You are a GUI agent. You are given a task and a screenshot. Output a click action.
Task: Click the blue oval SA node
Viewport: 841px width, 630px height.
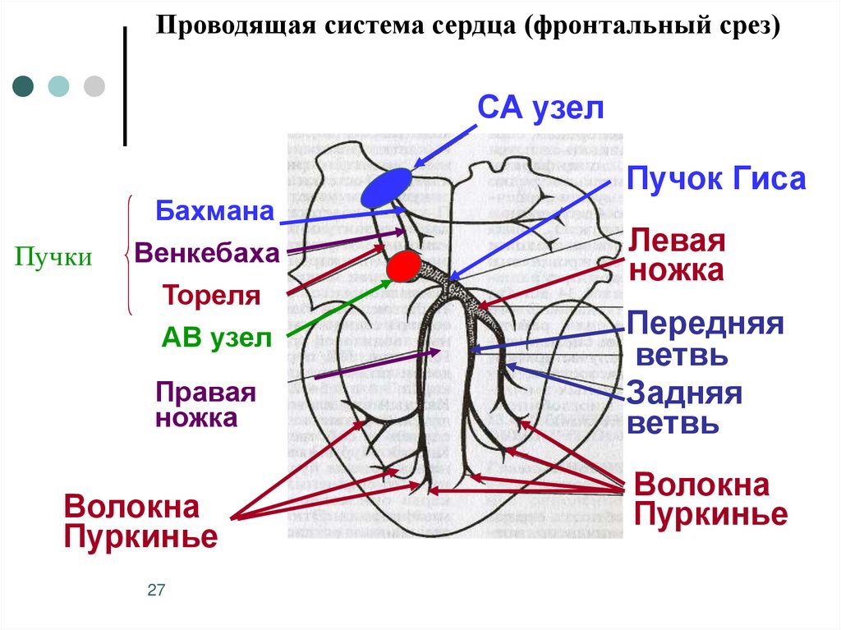(386, 187)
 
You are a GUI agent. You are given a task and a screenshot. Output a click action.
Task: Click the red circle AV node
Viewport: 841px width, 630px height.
(403, 267)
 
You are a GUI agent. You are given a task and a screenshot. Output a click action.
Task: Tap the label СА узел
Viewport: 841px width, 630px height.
(541, 108)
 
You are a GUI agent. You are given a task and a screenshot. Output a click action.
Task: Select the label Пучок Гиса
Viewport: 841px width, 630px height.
(716, 179)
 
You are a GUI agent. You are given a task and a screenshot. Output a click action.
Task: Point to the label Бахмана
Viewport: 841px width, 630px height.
(214, 211)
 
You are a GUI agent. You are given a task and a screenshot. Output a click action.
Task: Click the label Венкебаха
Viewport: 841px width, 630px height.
(208, 253)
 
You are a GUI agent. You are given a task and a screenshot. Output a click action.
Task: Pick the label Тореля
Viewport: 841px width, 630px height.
(211, 295)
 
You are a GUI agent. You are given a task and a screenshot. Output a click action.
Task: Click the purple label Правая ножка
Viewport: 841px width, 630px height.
(205, 405)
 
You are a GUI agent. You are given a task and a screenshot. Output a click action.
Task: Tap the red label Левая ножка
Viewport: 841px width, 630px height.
(677, 255)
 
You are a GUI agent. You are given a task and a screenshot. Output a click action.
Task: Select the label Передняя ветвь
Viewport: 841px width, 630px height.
(705, 339)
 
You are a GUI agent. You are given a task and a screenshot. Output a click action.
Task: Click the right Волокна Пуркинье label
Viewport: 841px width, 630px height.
(710, 499)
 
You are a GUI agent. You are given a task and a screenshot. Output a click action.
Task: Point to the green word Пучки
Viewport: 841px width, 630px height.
(53, 258)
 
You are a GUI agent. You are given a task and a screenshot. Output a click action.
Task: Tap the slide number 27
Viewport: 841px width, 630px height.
(156, 591)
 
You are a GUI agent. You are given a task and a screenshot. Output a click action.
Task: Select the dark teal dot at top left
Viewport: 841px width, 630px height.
(24, 86)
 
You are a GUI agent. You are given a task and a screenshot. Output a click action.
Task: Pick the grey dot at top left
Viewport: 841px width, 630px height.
(94, 86)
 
